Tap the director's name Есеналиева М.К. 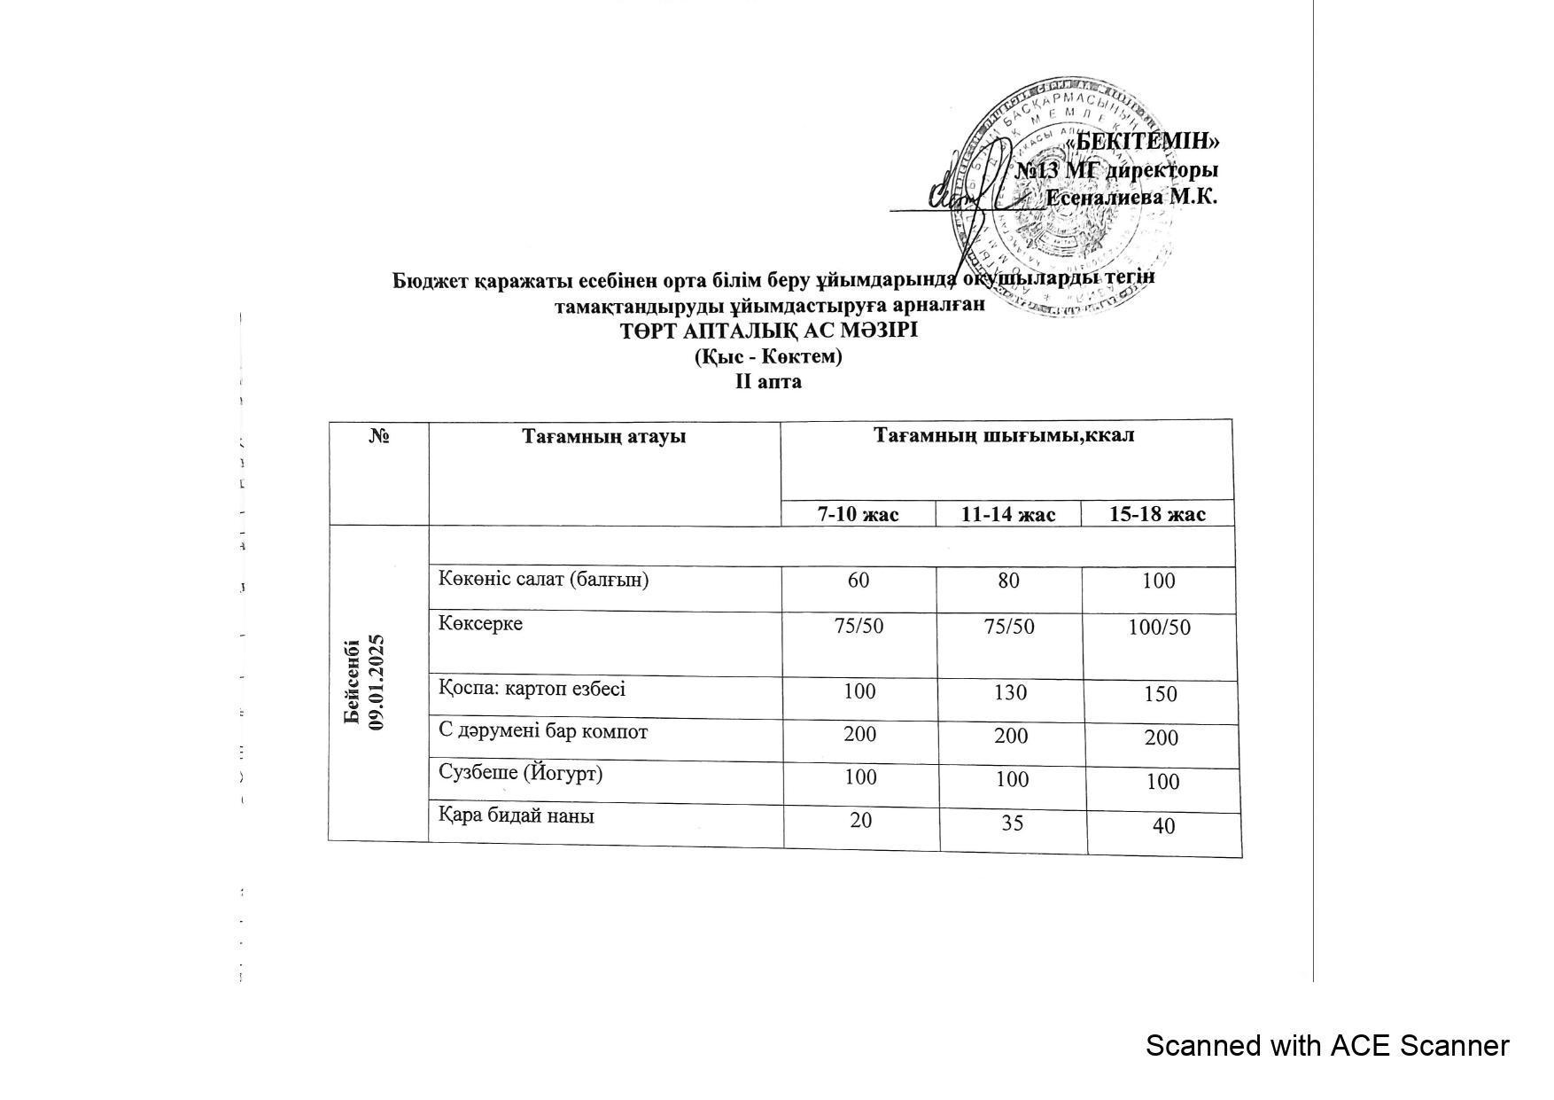tap(1131, 197)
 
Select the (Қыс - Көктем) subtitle tap(768, 356)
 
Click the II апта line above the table tap(768, 382)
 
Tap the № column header tap(380, 436)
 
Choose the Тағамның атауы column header tap(603, 436)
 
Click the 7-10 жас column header tap(858, 514)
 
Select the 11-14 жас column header tap(1008, 515)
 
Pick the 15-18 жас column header tap(1157, 515)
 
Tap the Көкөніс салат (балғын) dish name tap(544, 580)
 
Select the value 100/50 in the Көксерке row tap(1159, 628)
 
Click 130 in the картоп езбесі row tap(1010, 692)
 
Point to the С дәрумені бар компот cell tap(543, 732)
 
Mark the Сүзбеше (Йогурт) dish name tap(521, 774)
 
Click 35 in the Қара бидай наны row tap(1012, 823)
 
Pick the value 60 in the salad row tap(859, 581)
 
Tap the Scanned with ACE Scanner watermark tap(1326, 1046)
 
